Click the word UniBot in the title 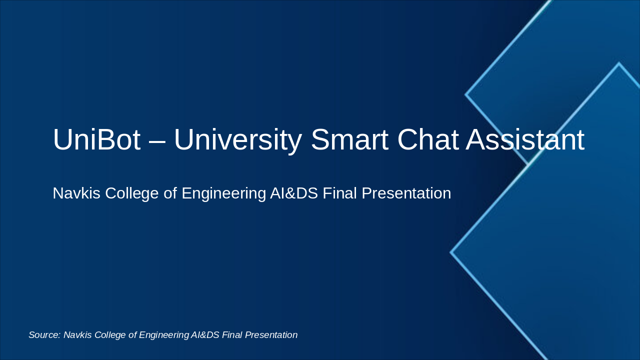96,139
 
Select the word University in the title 237,139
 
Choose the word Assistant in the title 525,139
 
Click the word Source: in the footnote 44,335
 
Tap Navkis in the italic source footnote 77,335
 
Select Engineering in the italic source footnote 164,335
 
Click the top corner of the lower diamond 618,63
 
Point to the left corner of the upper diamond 466,94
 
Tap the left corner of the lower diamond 451,252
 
